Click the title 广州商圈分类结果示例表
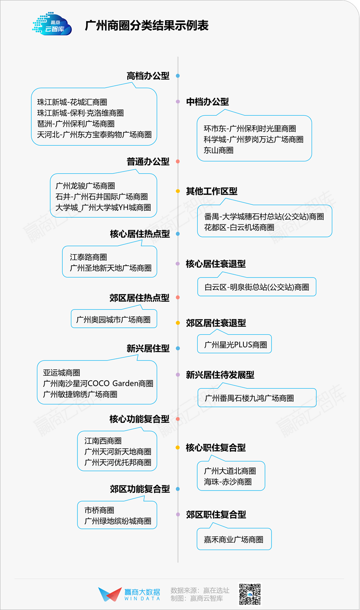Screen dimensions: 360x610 tap(147, 26)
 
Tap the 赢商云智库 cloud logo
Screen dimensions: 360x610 tap(52, 24)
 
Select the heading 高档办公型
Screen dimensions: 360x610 tap(148, 76)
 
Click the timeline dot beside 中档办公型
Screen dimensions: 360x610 tap(178, 101)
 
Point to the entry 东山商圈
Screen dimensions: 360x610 tap(218, 150)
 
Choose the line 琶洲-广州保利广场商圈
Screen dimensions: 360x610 tap(76, 124)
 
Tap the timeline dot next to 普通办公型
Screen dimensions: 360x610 tap(178, 161)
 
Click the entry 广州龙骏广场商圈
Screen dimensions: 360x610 tap(85, 186)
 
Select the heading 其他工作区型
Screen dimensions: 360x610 tap(212, 191)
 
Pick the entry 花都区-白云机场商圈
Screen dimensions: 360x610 tap(239, 227)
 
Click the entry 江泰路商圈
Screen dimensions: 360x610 tap(88, 257)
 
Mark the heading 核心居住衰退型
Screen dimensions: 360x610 tap(216, 264)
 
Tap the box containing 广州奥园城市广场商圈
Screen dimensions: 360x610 tap(114, 318)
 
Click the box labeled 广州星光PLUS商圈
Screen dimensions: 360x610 tap(235, 343)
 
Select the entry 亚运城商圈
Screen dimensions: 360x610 tap(62, 373)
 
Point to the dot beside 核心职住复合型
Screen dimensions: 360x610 tap(178, 447)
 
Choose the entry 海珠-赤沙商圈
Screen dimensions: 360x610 tap(228, 482)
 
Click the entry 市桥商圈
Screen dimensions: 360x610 tap(99, 510)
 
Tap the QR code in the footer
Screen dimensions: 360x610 tap(250, 594)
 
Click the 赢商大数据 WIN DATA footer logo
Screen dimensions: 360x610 tap(129, 594)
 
